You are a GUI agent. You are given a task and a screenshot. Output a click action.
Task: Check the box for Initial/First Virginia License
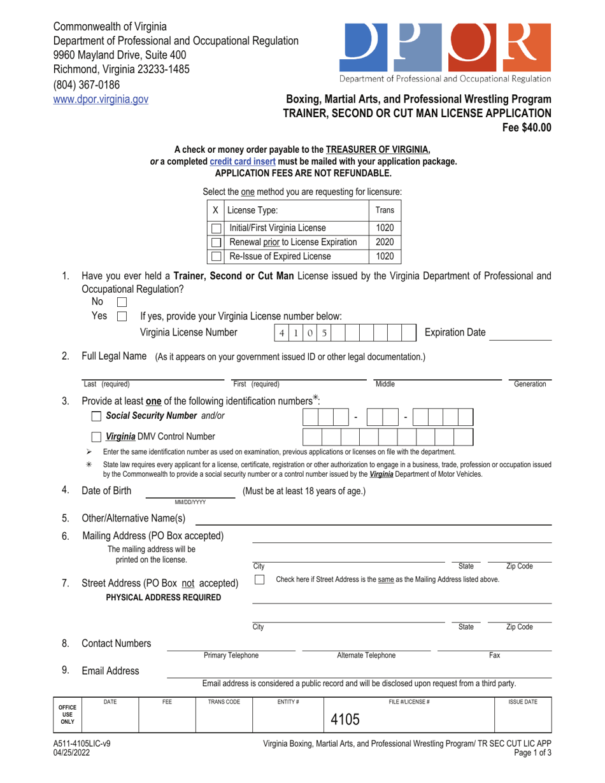tap(217, 228)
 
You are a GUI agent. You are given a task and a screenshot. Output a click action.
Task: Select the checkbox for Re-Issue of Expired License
tap(217, 257)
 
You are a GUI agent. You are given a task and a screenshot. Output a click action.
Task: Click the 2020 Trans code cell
tap(385, 242)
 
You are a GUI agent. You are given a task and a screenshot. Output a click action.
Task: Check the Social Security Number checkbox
tap(96, 416)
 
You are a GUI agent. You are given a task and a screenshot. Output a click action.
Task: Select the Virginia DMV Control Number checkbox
tap(96, 437)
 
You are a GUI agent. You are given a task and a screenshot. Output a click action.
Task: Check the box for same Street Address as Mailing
tap(260, 580)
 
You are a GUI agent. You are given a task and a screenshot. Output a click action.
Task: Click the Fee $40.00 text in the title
tap(527, 127)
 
